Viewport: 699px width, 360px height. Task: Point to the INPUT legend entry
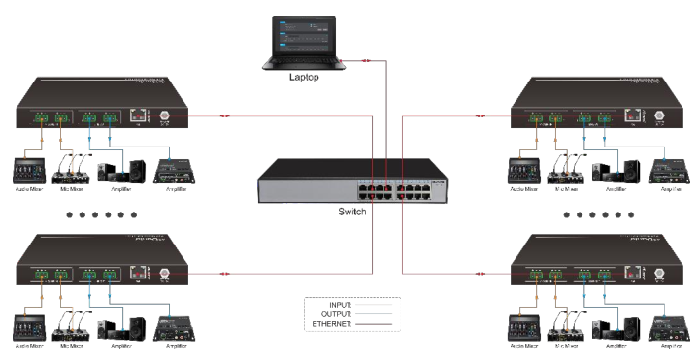click(x=334, y=306)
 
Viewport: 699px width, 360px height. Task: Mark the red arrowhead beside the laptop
click(x=364, y=61)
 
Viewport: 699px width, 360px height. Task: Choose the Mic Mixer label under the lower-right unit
click(x=567, y=345)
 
